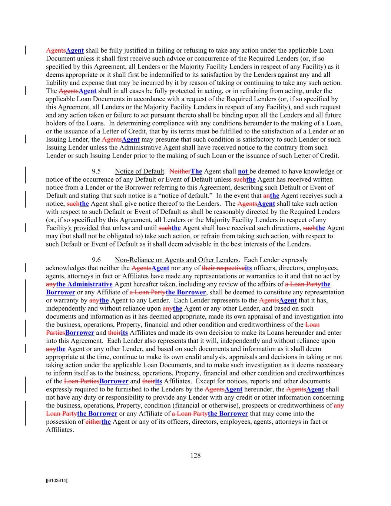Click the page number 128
195,456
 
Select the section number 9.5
96,171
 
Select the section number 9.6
96,260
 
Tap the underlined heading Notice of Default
139,171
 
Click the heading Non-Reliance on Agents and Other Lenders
176,260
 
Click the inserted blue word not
243,171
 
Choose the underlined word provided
86,228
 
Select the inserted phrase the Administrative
84,284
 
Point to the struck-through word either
93,422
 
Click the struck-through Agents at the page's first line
56,50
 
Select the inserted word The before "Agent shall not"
196,171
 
